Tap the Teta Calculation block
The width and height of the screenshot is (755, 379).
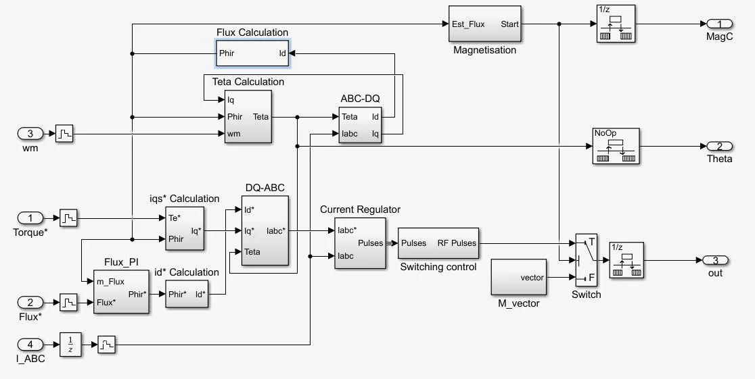coord(248,116)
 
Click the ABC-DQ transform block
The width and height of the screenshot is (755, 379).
coord(360,125)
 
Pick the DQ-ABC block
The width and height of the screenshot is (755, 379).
coord(265,230)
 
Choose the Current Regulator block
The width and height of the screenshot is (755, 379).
coord(360,243)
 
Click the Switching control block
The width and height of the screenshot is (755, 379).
coord(438,243)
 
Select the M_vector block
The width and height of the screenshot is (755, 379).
coord(518,277)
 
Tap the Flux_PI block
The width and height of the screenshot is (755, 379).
coord(121,291)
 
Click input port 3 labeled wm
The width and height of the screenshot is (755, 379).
coord(30,134)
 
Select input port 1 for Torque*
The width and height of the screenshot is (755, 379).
coord(30,218)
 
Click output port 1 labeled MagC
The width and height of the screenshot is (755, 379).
coord(715,24)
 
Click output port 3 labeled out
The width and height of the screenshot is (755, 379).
coord(715,260)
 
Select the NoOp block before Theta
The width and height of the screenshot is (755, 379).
coord(616,146)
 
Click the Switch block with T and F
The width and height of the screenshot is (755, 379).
coord(586,260)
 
